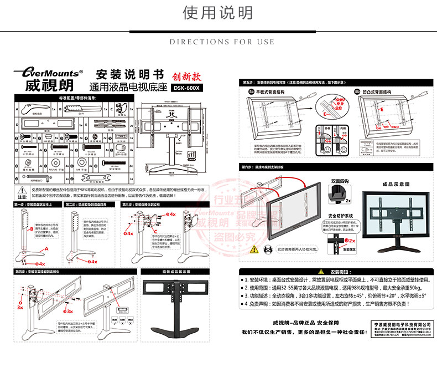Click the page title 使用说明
(218, 13)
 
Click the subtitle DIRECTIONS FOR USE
(222, 42)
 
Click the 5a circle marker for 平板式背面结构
(250, 91)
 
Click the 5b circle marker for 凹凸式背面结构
(357, 91)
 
